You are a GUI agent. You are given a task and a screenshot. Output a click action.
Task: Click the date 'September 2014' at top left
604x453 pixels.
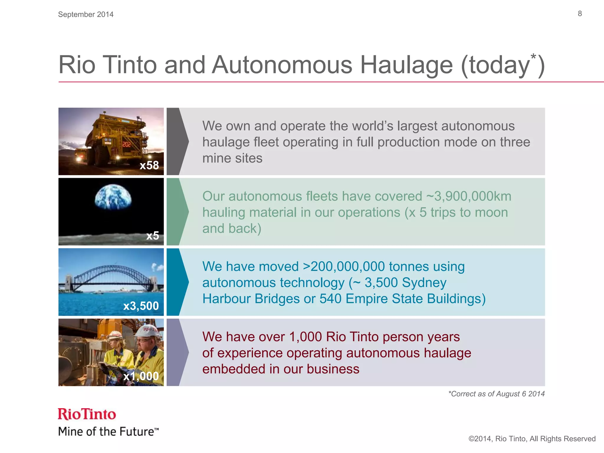86,14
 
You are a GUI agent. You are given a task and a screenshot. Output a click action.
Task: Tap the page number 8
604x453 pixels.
580,14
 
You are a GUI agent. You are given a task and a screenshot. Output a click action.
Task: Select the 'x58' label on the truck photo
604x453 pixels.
149,165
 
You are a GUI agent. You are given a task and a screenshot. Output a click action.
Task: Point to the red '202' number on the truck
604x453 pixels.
127,144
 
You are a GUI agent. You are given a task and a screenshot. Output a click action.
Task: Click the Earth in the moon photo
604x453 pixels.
113,197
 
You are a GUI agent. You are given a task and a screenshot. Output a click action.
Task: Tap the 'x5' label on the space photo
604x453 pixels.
152,236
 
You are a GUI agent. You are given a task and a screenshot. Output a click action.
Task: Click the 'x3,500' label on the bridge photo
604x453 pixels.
141,306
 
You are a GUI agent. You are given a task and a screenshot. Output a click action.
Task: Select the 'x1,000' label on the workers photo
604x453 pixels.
141,376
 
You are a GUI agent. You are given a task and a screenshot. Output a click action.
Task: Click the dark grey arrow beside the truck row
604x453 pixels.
177,142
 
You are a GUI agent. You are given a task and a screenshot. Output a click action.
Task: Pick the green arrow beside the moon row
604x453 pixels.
177,212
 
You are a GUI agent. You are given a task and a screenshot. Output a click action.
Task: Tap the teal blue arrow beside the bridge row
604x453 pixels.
177,282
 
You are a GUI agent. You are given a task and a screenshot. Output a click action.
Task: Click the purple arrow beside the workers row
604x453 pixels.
177,352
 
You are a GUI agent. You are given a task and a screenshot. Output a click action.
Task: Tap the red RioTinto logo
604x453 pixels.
87,414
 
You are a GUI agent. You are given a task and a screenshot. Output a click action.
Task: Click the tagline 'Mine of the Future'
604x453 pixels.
108,431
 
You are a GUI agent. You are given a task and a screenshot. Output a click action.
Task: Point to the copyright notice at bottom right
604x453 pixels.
532,439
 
